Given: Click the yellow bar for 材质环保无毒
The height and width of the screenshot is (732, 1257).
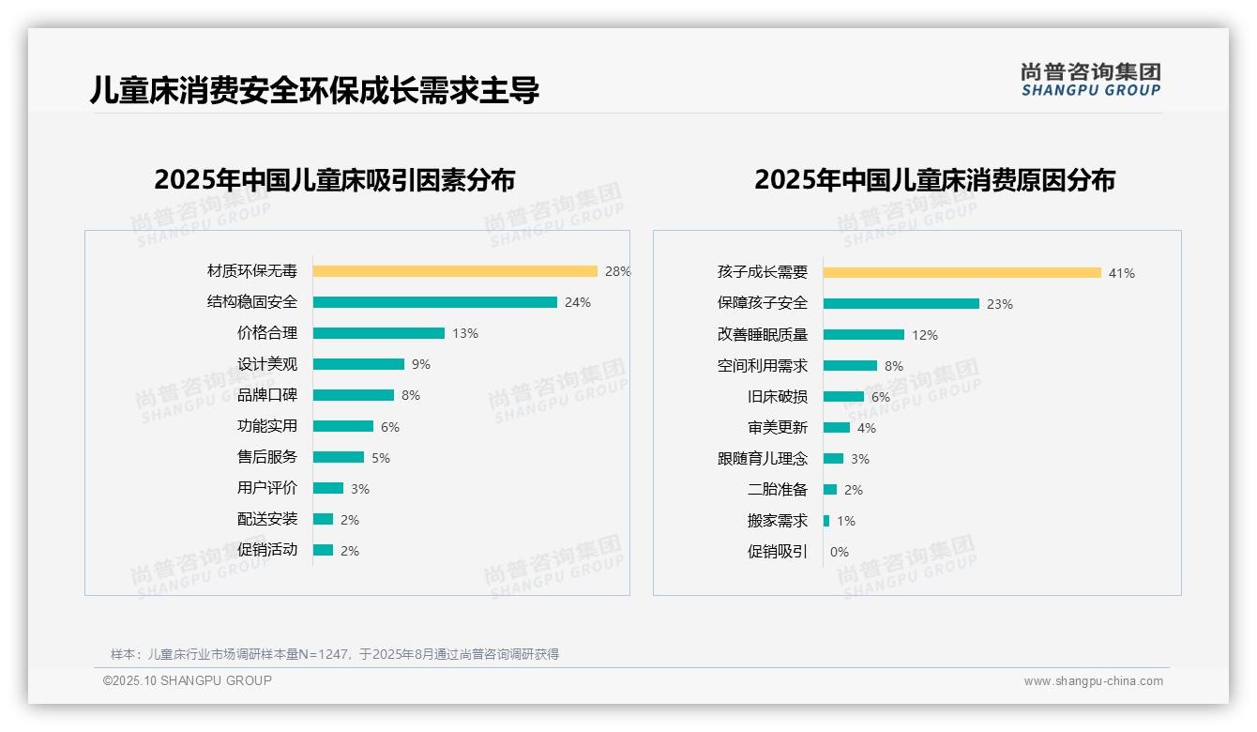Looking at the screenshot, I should pos(455,271).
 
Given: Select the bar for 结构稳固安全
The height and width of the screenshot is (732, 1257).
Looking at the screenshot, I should pos(434,302).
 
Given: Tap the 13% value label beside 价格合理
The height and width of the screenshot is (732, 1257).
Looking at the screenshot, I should pos(465,333).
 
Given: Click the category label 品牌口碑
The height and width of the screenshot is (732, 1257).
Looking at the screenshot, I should pos(267,395).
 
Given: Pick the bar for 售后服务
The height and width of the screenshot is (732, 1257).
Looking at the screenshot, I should pos(339,457).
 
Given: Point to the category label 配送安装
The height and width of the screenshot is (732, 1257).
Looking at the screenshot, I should pos(267,519).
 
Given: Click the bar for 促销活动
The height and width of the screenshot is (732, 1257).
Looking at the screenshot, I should pos(323,550).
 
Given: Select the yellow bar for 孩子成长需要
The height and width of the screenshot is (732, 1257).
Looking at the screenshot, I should pos(962,273).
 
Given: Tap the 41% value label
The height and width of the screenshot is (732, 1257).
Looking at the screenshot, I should pos(1122,273).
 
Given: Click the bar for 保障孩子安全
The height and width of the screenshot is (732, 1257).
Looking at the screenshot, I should pos(901,304).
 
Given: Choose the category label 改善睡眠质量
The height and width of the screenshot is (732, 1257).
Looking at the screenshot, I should pos(763,335).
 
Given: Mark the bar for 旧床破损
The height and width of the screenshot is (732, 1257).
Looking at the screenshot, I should pos(843,397).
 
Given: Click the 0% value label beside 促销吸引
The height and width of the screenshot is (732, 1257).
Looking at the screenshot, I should pos(840,552).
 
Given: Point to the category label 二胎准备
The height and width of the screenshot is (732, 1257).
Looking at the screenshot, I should pos(778,490).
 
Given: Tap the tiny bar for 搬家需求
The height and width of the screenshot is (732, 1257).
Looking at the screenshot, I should pos(826,521).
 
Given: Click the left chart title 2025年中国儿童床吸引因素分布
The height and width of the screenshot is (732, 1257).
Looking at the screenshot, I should pos(335,180).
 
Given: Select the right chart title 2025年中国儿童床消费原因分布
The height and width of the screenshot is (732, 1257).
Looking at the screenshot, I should pos(934,180).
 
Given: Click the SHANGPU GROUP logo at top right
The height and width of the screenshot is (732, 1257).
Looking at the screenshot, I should pos(1091,80).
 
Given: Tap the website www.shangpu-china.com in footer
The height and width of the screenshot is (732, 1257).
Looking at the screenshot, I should pos(1093,681).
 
